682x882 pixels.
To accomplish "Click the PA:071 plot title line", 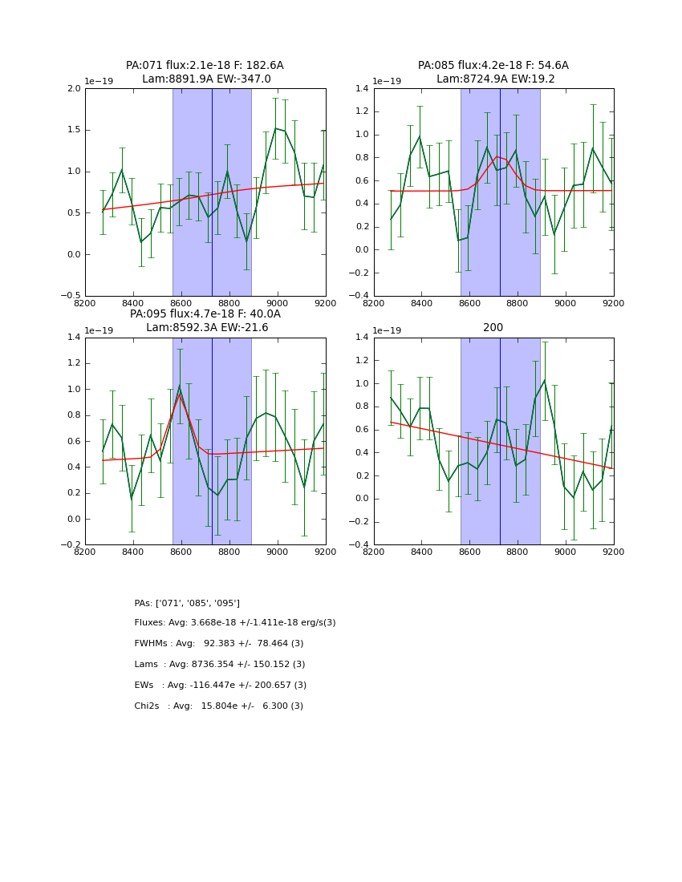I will point(205,66).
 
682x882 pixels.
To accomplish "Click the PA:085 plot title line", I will point(493,66).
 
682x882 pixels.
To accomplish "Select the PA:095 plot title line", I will point(205,314).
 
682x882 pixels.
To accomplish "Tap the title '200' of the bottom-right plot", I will point(493,328).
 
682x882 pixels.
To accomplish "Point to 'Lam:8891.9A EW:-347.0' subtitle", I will point(206,79).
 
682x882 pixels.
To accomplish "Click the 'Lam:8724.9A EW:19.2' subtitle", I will point(495,79).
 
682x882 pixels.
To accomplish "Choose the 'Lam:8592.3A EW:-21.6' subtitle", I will point(207,328).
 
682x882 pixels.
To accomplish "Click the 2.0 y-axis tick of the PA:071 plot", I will point(73,88).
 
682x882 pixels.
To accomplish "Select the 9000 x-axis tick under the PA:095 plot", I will point(278,552).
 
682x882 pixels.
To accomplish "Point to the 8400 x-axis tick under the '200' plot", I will point(422,552).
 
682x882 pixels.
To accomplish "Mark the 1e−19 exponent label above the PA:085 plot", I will point(387,81).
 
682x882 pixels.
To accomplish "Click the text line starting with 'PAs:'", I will point(187,603).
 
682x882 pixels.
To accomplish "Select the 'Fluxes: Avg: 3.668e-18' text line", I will point(235,623).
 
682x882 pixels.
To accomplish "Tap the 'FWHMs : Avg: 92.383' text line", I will point(219,644).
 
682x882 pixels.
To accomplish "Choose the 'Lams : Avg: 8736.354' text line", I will point(220,665).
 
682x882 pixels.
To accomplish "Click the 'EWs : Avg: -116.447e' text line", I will point(221,686).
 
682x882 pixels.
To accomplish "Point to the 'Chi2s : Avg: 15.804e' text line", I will point(219,706).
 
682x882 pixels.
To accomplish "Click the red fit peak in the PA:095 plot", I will point(181,393).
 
